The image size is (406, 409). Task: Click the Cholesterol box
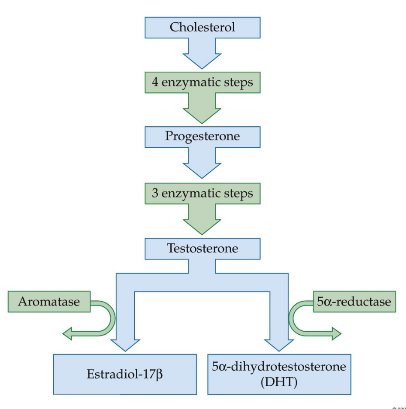(202, 27)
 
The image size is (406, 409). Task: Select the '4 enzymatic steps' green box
(202, 82)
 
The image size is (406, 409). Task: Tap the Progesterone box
(202, 136)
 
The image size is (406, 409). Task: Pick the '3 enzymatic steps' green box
(202, 192)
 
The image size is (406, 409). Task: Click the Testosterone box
(202, 248)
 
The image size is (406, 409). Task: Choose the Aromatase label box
(49, 302)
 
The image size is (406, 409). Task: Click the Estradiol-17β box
(124, 374)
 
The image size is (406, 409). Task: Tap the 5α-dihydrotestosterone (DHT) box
(279, 374)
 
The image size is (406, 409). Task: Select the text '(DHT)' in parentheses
(279, 383)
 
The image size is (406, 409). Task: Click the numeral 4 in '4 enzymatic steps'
(155, 83)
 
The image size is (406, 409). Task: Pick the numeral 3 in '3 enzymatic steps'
(155, 193)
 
